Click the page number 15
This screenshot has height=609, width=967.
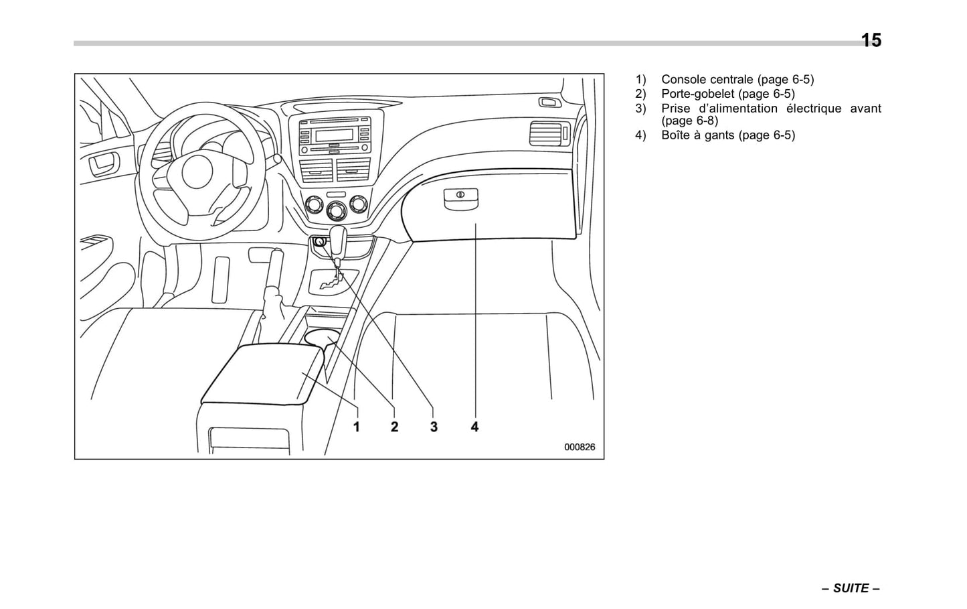[x=871, y=40]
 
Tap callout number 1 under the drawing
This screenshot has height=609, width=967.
[x=357, y=426]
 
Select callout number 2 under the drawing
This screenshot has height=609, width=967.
[x=394, y=426]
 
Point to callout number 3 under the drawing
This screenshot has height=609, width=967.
[x=434, y=426]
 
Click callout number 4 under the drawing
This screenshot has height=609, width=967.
[x=474, y=426]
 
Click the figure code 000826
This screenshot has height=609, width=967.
[x=579, y=448]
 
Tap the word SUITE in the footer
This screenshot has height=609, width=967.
[x=851, y=588]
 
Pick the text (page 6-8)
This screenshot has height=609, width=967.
[x=689, y=121]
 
